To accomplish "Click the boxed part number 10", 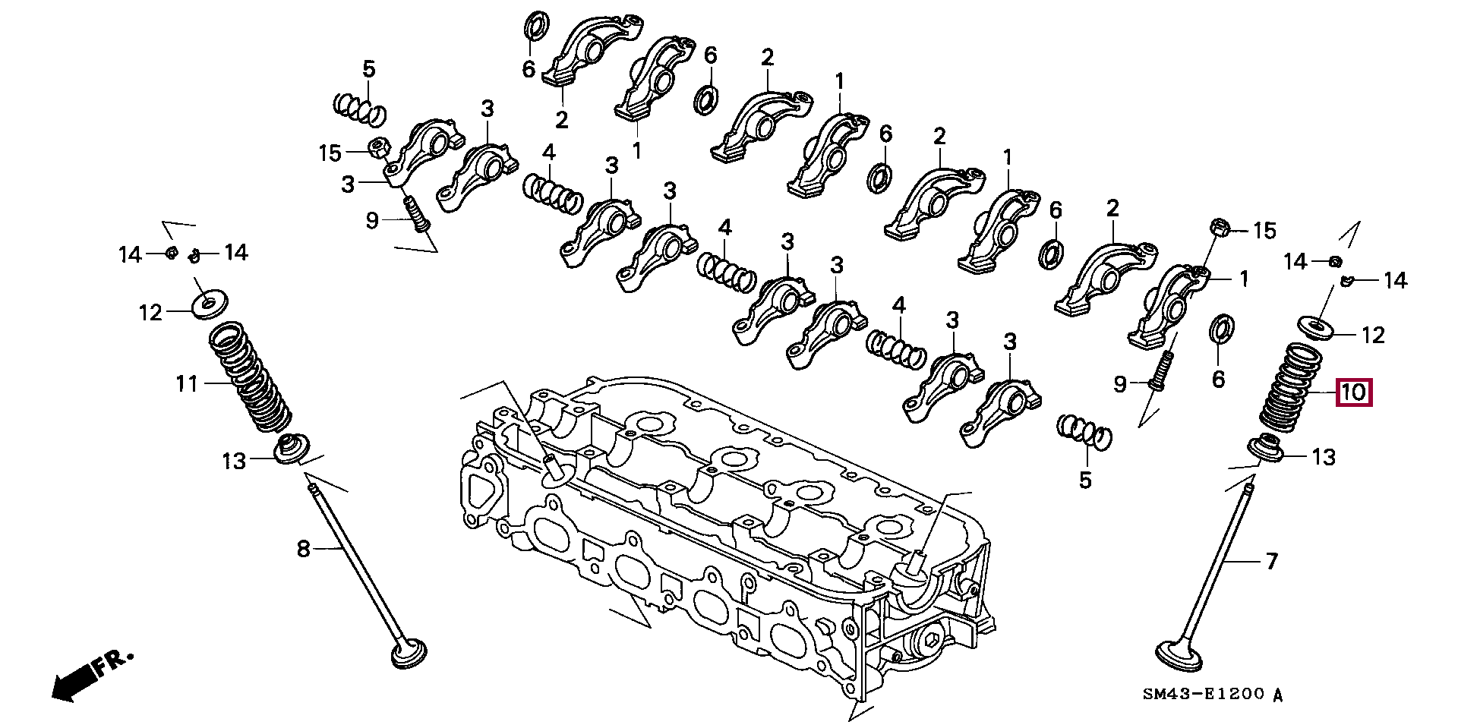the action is pos(1353,392).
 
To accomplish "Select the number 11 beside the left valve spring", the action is pos(187,384).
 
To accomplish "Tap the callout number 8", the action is pos(303,548).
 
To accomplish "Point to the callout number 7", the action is pos(1271,562).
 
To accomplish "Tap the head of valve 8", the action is pos(409,655).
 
